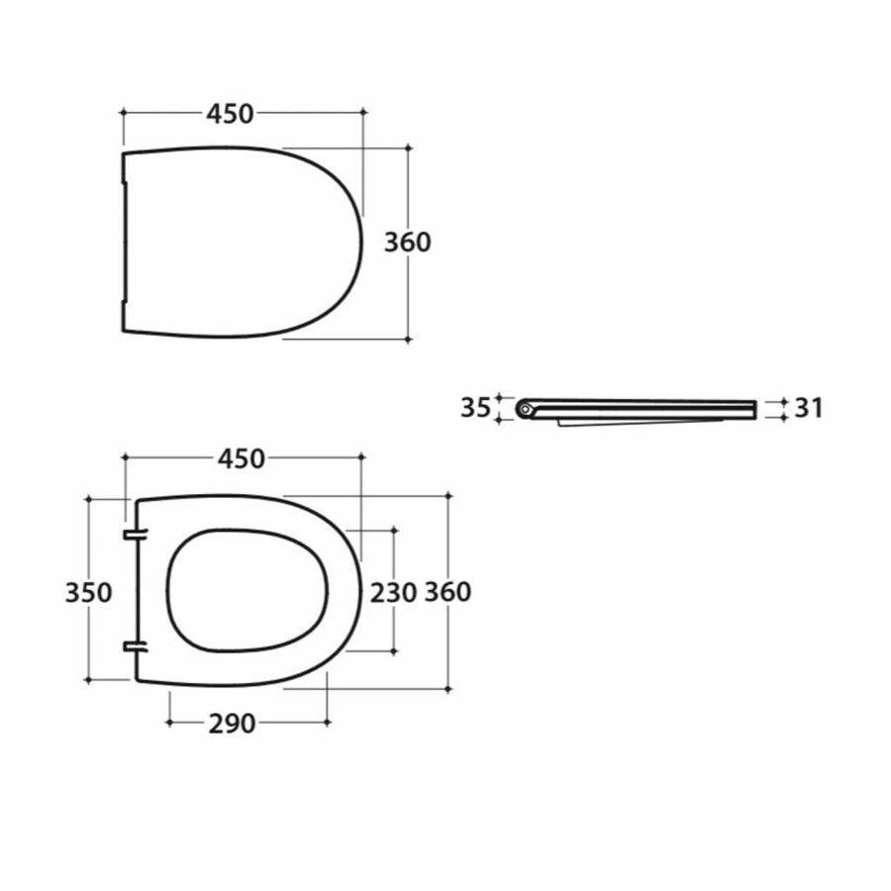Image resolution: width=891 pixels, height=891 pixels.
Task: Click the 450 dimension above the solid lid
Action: point(230,114)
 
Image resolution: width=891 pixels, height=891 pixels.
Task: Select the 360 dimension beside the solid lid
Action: point(408,242)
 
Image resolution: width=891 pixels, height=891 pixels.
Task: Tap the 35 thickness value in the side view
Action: point(475,407)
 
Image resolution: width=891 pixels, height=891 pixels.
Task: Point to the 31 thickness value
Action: point(809,408)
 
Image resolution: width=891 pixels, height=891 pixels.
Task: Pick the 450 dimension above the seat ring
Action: point(243,458)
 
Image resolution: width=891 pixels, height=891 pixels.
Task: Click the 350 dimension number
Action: point(88,592)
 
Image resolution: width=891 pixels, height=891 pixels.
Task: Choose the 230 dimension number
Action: point(393,592)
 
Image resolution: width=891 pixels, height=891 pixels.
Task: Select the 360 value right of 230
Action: point(447,592)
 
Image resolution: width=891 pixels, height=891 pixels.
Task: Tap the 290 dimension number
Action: point(232,724)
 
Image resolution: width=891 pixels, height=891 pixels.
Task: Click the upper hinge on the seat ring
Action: point(135,535)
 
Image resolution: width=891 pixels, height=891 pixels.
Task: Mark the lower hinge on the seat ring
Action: point(135,647)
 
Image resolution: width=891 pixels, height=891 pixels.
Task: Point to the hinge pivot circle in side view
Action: point(525,407)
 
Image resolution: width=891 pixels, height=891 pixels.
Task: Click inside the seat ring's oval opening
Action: point(247,591)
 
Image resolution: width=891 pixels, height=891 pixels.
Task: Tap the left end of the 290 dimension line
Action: point(170,723)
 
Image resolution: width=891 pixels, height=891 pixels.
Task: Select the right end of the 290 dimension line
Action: point(328,723)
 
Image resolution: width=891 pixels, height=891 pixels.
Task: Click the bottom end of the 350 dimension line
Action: point(89,680)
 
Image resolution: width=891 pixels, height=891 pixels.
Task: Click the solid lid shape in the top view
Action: point(238,243)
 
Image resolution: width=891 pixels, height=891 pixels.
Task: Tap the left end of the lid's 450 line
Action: point(123,114)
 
